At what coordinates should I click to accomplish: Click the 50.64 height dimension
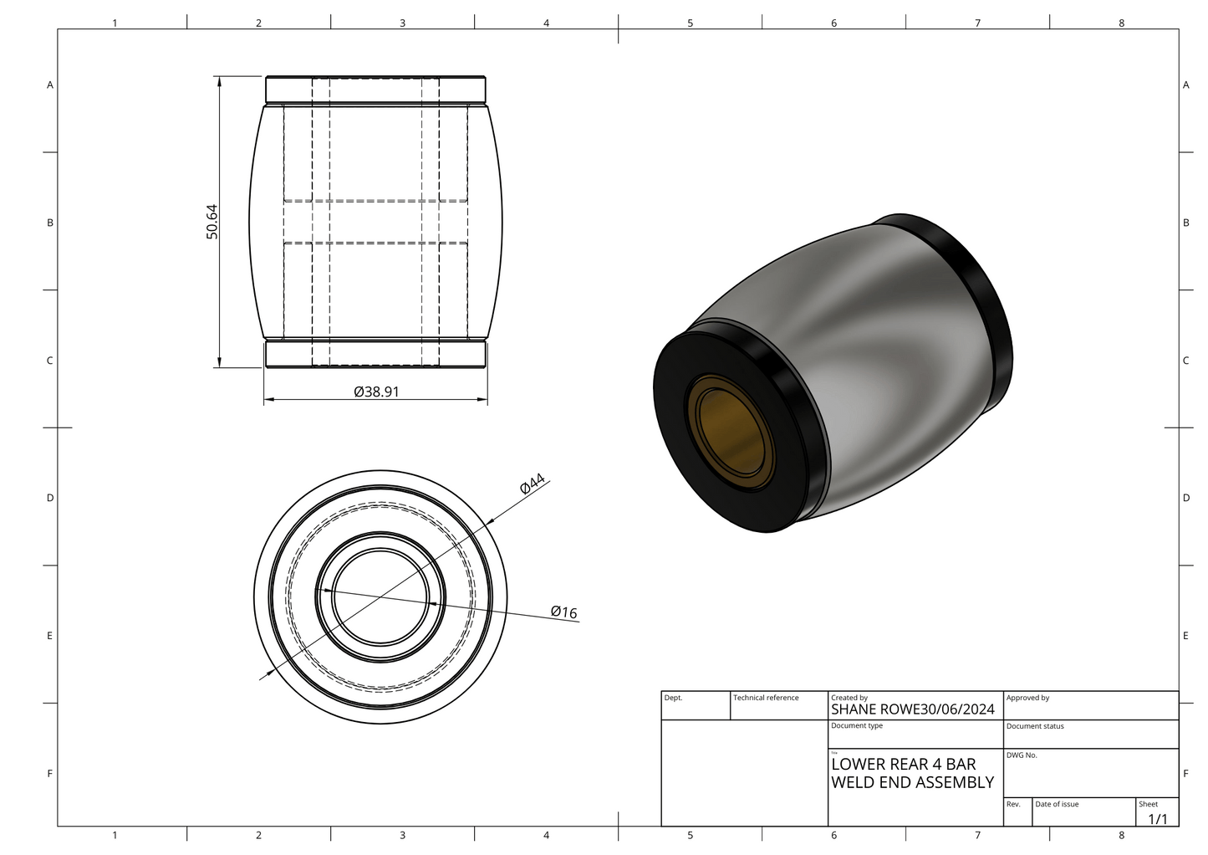(x=212, y=222)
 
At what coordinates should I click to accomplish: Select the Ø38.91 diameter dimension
(x=375, y=391)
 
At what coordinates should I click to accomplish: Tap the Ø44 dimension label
(x=533, y=484)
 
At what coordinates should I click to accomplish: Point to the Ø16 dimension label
(x=564, y=612)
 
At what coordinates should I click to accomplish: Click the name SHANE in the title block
(x=854, y=709)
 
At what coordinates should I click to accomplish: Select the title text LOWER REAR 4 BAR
(x=903, y=764)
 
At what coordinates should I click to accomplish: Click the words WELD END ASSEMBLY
(x=912, y=782)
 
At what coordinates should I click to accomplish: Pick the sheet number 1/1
(x=1157, y=818)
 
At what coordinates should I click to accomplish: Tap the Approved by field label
(x=1027, y=698)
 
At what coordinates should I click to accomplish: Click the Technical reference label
(x=766, y=698)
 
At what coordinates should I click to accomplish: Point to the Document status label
(x=1035, y=726)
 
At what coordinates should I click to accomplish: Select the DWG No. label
(x=1022, y=755)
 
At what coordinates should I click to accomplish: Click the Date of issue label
(x=1057, y=804)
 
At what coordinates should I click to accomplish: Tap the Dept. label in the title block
(x=673, y=698)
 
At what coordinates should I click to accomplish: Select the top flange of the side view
(x=375, y=89)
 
